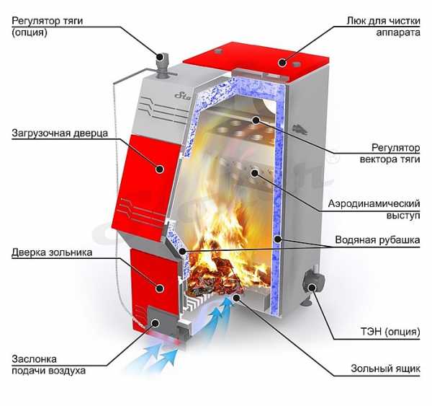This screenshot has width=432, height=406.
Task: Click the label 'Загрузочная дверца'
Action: pyautogui.click(x=60, y=133)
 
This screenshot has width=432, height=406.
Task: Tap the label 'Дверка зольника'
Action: pyautogui.click(x=52, y=252)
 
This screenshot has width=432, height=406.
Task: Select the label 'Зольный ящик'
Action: pyautogui.click(x=385, y=369)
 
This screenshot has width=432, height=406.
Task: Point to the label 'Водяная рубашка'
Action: pyautogui.click(x=377, y=240)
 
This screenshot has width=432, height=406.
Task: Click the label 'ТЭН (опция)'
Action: pyautogui.click(x=390, y=332)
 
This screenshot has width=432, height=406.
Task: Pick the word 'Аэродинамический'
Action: pyautogui.click(x=374, y=203)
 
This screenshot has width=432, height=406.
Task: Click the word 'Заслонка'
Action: pyautogui.click(x=34, y=359)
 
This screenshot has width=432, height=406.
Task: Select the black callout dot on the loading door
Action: pyautogui.click(x=160, y=169)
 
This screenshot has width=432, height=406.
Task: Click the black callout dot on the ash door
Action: pyautogui.click(x=160, y=288)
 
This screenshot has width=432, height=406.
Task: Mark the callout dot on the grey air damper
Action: pyautogui.click(x=156, y=323)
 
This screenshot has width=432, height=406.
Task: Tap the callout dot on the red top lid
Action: pyautogui.click(x=282, y=62)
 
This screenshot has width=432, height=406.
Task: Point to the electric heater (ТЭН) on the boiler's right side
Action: pyautogui.click(x=312, y=284)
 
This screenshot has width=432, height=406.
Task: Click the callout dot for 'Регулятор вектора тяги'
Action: pyautogui.click(x=256, y=120)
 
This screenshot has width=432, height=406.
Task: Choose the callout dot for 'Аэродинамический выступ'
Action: pyautogui.click(x=255, y=173)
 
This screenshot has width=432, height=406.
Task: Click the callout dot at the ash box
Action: pyautogui.click(x=236, y=297)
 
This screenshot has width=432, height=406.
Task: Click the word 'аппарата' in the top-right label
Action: pyautogui.click(x=398, y=33)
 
